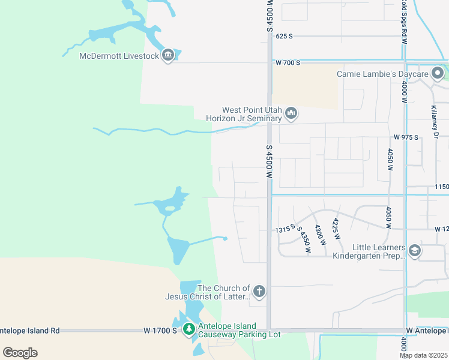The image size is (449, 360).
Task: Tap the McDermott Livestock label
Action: (x=119, y=56)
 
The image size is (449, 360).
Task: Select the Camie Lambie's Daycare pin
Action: (x=438, y=74)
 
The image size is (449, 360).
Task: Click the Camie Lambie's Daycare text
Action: (x=382, y=74)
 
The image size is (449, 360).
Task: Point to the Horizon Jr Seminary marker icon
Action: (x=291, y=113)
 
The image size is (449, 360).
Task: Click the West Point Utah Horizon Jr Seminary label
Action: (x=252, y=114)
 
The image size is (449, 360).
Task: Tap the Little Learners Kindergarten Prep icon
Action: (x=414, y=250)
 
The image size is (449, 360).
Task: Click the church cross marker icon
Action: (x=259, y=292)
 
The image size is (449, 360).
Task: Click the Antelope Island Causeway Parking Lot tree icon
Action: (x=189, y=329)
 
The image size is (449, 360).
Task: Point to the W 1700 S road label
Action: (x=160, y=331)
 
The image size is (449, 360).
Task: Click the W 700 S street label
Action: (x=288, y=62)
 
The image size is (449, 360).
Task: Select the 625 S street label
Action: (x=284, y=36)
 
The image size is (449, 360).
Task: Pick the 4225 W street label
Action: (x=337, y=228)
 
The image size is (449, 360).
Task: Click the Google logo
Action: (x=20, y=353)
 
